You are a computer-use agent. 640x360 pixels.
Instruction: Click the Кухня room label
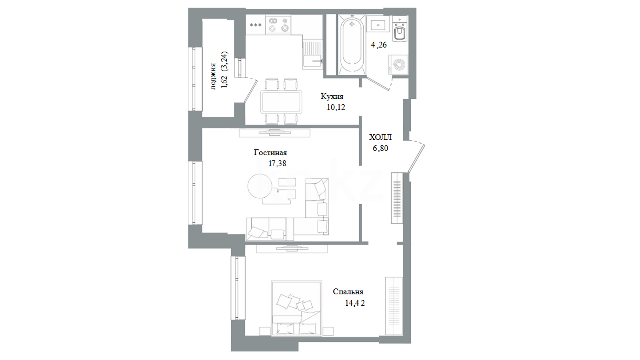coord(332,97)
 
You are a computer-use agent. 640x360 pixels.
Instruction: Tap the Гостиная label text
coord(270,153)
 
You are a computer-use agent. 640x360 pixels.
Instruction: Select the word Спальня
coord(348,292)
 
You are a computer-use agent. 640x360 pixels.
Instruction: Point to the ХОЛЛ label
coord(380,137)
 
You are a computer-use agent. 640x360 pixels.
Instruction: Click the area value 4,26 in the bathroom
coord(379,45)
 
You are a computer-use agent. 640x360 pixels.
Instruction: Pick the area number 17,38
coord(277,163)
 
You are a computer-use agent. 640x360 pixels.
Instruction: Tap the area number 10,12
coord(336,107)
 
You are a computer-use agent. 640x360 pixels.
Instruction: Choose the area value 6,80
coord(380,148)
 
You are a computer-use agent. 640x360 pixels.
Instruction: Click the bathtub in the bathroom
coord(352,44)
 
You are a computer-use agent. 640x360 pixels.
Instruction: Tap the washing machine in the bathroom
coord(398,65)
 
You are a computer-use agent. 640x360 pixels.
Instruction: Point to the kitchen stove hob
coord(278,24)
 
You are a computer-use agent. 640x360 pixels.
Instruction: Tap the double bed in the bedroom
coord(297,308)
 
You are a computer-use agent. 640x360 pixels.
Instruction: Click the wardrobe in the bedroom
coord(394,306)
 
